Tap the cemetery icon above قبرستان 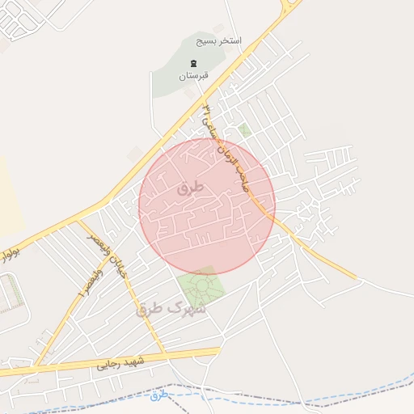coord(193,63)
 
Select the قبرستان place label coord(193,75)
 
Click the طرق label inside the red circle coord(191,188)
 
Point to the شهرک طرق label coord(171,308)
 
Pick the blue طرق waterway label coord(158,395)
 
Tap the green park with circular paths coord(200,286)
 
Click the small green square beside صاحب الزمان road coord(244,130)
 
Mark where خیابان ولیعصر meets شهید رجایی coord(164,354)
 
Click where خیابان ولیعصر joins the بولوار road coord(78,220)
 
